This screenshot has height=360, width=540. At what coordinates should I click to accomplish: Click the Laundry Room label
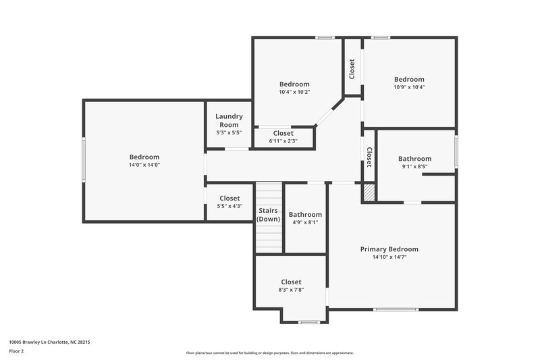click(x=229, y=120)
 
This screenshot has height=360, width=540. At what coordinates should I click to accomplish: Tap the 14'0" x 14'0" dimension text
click(x=144, y=165)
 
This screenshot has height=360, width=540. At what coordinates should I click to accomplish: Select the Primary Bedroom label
click(x=389, y=249)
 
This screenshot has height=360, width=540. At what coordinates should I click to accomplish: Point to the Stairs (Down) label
click(x=268, y=215)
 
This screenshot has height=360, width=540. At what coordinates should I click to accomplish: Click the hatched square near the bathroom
click(x=369, y=193)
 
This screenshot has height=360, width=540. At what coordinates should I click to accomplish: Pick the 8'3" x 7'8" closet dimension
click(x=291, y=290)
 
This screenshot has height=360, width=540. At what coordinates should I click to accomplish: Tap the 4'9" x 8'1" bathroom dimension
click(x=304, y=222)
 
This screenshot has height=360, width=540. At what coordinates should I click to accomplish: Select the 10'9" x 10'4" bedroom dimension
click(x=409, y=87)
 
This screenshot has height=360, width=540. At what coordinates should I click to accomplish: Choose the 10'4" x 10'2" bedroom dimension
click(x=294, y=92)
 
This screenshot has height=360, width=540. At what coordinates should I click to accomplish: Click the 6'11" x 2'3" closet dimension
click(x=283, y=141)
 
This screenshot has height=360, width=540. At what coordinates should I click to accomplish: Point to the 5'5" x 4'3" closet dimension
click(x=230, y=206)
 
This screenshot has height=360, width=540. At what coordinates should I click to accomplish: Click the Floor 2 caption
click(x=17, y=352)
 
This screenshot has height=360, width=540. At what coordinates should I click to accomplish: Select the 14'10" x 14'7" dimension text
click(x=389, y=257)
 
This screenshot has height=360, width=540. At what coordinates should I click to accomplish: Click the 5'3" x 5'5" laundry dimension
click(x=229, y=132)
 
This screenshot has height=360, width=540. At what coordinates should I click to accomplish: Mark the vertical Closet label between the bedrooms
click(x=352, y=69)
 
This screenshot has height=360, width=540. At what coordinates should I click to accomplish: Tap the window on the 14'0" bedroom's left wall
click(x=84, y=159)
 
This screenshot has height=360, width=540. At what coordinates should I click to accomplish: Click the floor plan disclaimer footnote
click(x=269, y=353)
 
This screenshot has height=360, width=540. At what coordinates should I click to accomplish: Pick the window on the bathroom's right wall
click(x=456, y=150)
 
